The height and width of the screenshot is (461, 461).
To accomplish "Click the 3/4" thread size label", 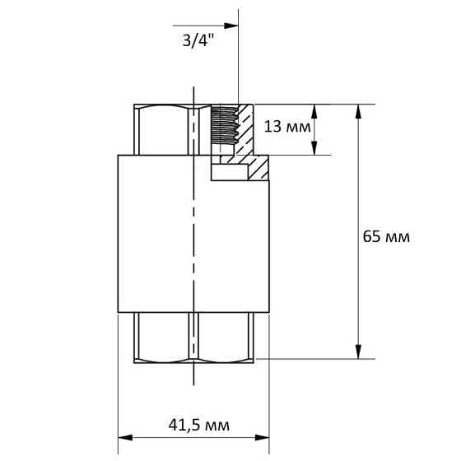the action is click(x=198, y=40).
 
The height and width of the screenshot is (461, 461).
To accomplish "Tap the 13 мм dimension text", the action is click(x=287, y=127).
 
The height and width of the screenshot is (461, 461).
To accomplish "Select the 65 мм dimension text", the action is click(x=386, y=237).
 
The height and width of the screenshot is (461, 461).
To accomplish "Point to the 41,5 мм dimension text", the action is click(x=198, y=425).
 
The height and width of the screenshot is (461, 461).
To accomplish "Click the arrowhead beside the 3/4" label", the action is click(x=231, y=26).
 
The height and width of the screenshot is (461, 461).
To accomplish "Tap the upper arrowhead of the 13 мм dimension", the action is click(x=314, y=111).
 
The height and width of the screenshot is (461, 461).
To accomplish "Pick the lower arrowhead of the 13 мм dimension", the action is click(x=314, y=148).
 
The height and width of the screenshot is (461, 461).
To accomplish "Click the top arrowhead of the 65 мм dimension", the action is click(x=358, y=111).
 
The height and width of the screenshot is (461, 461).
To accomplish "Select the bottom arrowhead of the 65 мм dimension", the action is click(x=358, y=352).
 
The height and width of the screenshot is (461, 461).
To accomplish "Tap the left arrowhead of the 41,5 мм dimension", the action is click(x=125, y=438).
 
